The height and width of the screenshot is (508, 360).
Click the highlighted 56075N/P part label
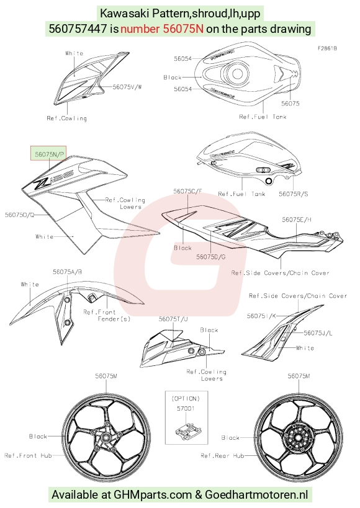coord(50,154)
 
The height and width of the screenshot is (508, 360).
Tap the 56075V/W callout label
coord(127,87)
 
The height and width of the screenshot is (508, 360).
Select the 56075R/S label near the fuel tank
coord(294,194)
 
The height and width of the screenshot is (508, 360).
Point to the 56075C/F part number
coord(187,191)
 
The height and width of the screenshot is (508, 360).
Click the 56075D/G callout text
coord(211,257)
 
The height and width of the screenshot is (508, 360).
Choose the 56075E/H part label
coord(297,220)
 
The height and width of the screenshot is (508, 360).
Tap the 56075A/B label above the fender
coord(68,272)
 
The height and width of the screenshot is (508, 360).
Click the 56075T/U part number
coord(173,319)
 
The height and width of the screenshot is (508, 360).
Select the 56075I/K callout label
coord(261,316)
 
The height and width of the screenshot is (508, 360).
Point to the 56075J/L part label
coord(318,333)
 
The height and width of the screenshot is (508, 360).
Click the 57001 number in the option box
coord(186,409)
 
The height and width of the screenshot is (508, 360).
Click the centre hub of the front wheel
coord(106,437)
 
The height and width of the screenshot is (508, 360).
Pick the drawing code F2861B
coord(327,48)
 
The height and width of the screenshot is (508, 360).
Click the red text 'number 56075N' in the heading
coord(162,29)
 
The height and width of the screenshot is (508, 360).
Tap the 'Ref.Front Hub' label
coord(28,455)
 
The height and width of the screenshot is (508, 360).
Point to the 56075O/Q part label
coord(19,215)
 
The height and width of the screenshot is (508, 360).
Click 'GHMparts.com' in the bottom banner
coord(153,495)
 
